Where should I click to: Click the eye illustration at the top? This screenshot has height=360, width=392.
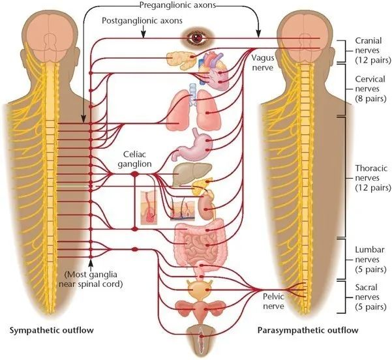pos(196,38)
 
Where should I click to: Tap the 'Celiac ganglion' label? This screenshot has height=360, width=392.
pos(134,160)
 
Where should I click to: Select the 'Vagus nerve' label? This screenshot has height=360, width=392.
pos(264,62)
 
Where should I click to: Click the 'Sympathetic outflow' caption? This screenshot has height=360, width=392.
pos(52,331)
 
